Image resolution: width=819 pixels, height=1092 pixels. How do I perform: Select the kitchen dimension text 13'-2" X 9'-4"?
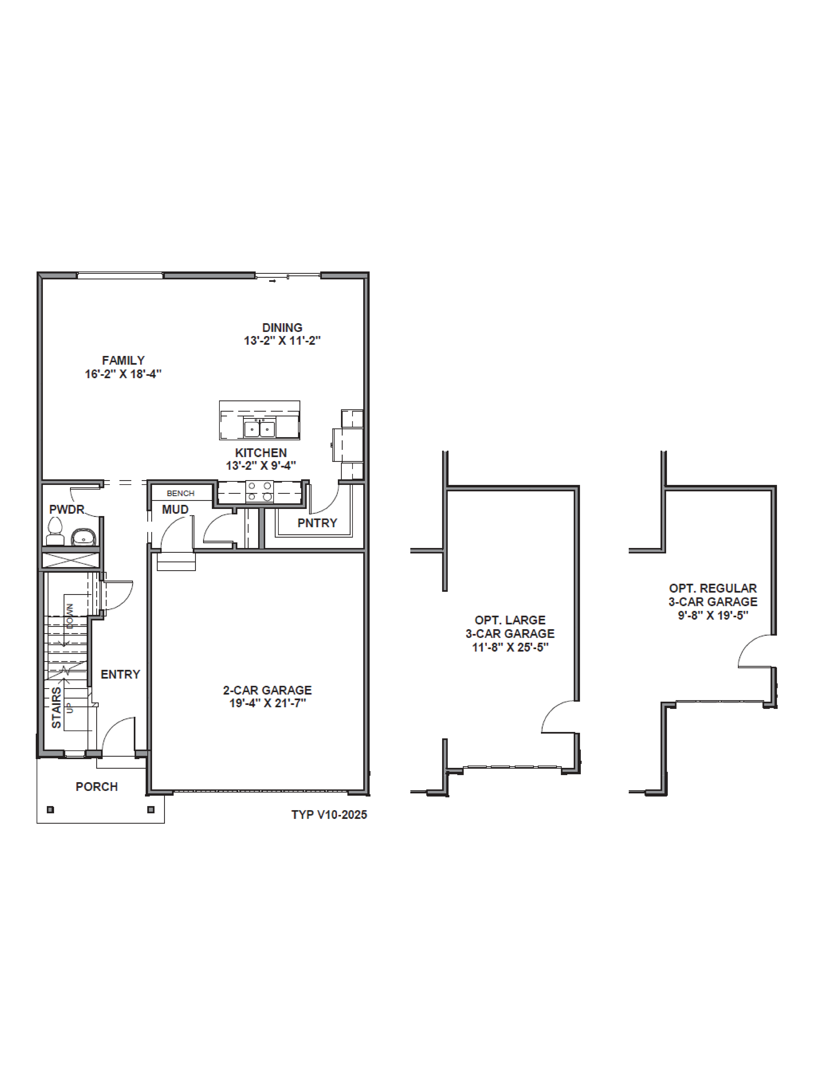click(261, 466)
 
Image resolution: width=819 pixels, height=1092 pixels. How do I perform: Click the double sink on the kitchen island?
click(259, 429)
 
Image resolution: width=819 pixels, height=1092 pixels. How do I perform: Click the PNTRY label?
click(317, 523)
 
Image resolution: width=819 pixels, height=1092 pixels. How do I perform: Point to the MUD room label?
click(175, 509)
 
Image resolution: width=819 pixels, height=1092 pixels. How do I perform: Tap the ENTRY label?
click(120, 674)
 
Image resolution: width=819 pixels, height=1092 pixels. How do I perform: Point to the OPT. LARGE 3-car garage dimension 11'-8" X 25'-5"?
click(510, 647)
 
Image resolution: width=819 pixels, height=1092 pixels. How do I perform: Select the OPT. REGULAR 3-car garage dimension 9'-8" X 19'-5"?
click(713, 615)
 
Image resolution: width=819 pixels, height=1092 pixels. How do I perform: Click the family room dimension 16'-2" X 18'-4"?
click(123, 374)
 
